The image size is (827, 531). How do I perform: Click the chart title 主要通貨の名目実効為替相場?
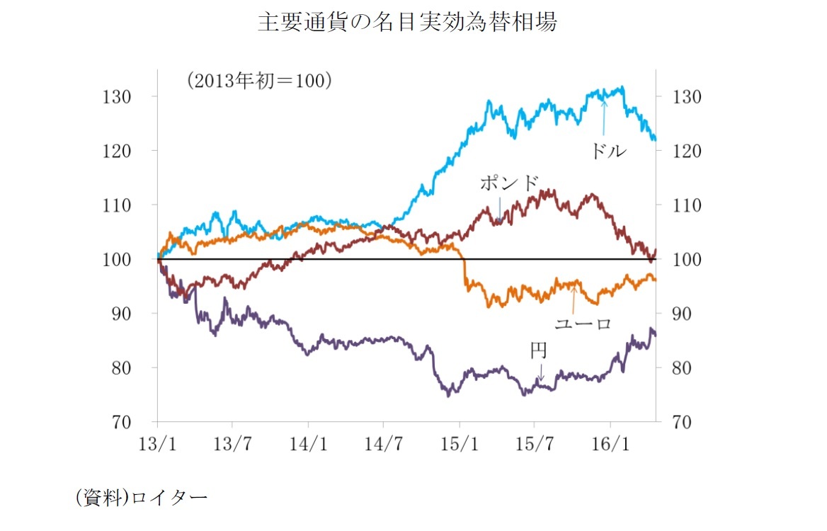[x=407, y=22]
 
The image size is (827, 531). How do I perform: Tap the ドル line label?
[x=608, y=150]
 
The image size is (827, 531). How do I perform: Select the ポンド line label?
[x=510, y=183]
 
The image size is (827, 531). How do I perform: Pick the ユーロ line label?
[x=582, y=324]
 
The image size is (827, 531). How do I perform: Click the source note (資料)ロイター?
[x=142, y=498]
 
